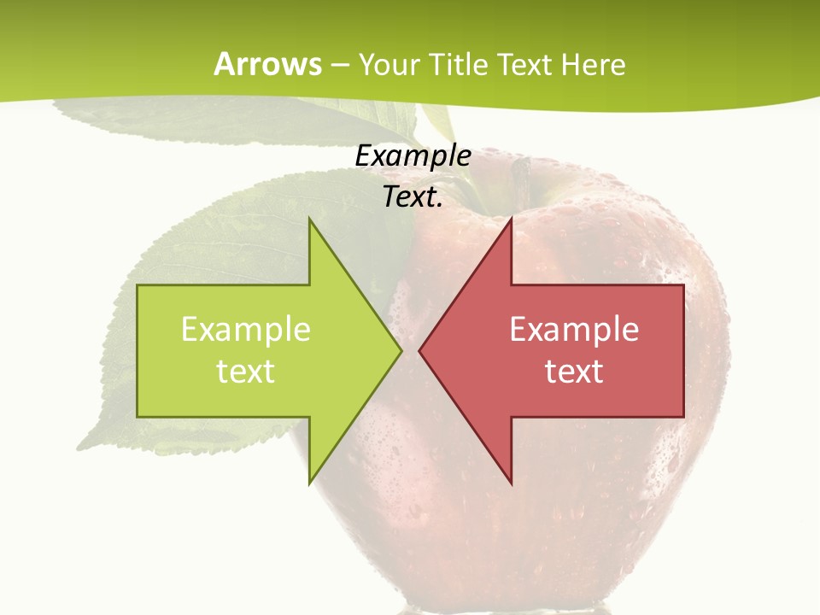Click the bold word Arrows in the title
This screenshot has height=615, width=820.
tap(267, 64)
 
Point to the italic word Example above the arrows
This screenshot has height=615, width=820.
tap(413, 157)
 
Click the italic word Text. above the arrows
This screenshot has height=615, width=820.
tap(413, 197)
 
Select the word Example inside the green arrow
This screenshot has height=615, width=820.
tap(246, 330)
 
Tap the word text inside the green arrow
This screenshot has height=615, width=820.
tap(246, 371)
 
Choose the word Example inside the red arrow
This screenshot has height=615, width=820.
tap(574, 330)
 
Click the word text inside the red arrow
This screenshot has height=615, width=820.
tap(574, 371)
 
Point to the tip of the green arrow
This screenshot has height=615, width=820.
tap(401, 350)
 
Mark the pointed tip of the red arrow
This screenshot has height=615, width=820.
tap(419, 350)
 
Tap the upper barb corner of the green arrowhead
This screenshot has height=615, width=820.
tap(309, 218)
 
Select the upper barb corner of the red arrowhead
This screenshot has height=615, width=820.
tap(512, 218)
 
